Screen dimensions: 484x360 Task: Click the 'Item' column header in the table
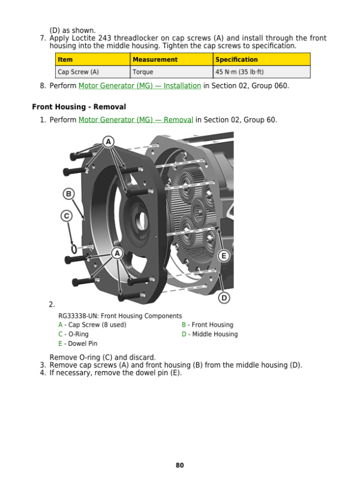pyautogui.click(x=65, y=59)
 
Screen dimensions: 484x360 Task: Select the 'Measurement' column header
pyautogui.click(x=155, y=59)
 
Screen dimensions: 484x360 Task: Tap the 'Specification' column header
pyautogui.click(x=236, y=59)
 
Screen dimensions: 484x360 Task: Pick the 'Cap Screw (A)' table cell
pyautogui.click(x=78, y=72)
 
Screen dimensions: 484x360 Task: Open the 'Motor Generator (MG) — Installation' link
pyautogui.click(x=139, y=86)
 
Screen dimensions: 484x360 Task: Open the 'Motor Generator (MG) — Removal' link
pyautogui.click(x=136, y=120)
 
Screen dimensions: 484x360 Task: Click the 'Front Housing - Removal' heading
pyautogui.click(x=79, y=107)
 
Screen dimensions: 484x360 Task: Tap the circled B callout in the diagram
pyautogui.click(x=69, y=194)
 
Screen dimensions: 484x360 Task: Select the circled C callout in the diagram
pyautogui.click(x=67, y=216)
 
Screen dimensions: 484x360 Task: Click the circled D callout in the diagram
pyautogui.click(x=224, y=298)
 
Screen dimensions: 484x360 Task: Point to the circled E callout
pyautogui.click(x=224, y=256)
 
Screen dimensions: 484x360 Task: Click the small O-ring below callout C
pyautogui.click(x=72, y=247)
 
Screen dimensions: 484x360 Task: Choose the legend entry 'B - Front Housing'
pyautogui.click(x=207, y=325)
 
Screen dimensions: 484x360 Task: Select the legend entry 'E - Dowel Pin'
pyautogui.click(x=77, y=344)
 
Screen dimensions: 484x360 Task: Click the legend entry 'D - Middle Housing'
pyautogui.click(x=209, y=334)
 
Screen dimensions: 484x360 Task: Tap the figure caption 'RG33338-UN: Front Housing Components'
pyautogui.click(x=120, y=316)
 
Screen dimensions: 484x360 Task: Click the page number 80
pyautogui.click(x=180, y=465)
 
